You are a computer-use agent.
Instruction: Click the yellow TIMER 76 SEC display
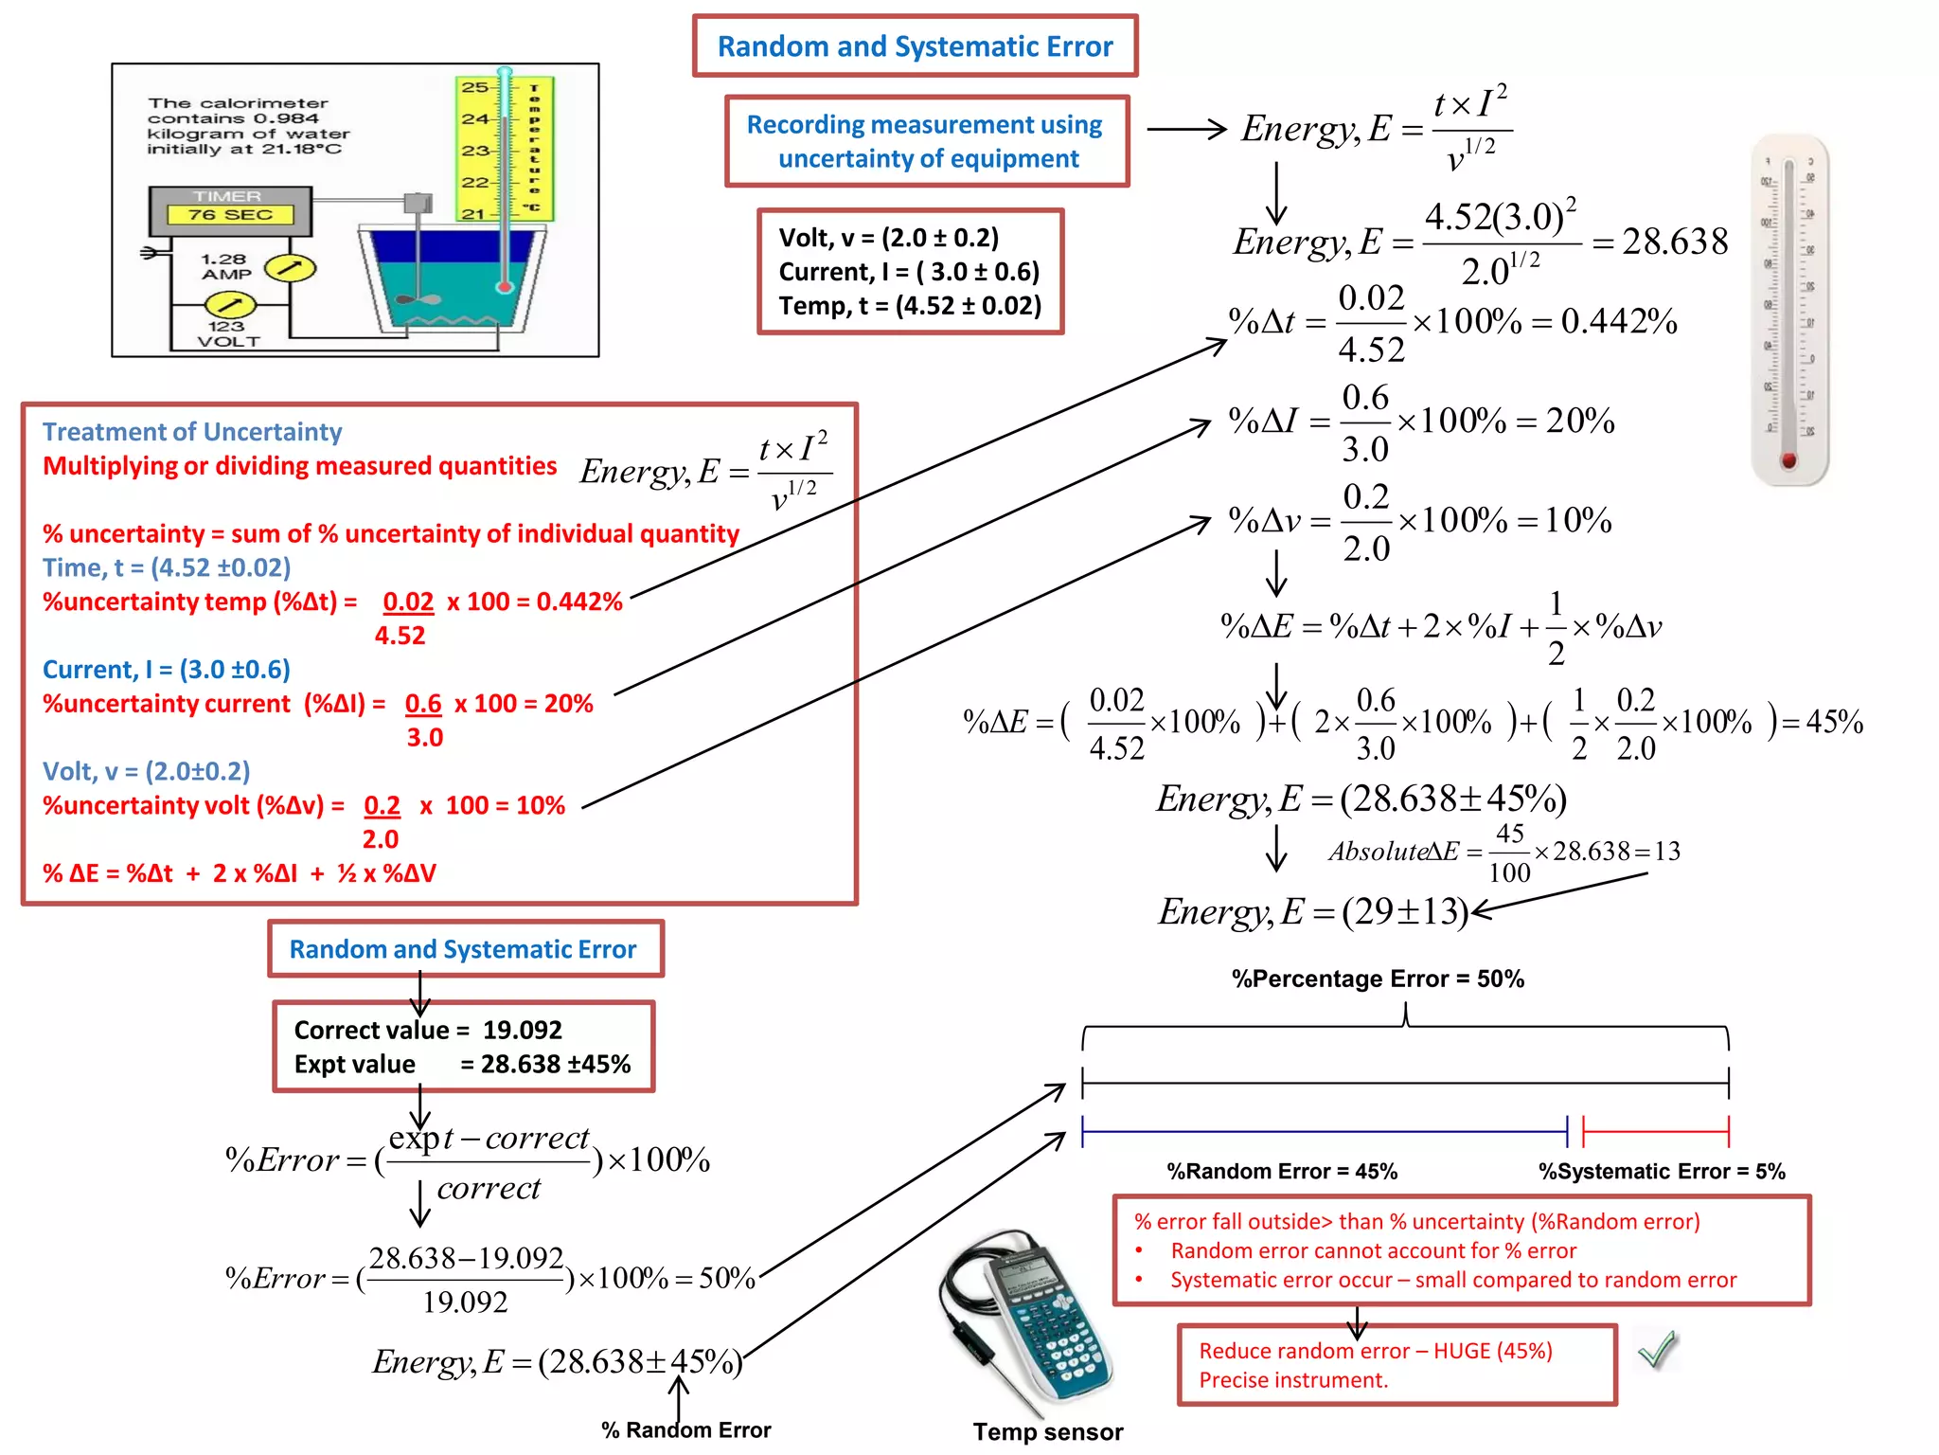click(230, 215)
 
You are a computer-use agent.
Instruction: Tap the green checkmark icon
click(1657, 1349)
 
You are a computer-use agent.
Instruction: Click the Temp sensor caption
click(1047, 1431)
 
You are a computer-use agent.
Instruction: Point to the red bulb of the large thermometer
click(1788, 460)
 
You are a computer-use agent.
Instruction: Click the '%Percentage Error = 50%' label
click(1378, 979)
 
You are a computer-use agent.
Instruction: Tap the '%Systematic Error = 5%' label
click(1662, 1172)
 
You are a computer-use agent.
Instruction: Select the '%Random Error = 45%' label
click(1282, 1172)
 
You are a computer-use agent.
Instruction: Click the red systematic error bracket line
click(1656, 1131)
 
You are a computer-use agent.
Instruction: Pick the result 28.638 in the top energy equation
click(1675, 242)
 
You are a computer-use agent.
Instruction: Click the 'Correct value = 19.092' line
click(428, 1030)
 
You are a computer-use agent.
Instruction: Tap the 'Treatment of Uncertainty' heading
click(192, 432)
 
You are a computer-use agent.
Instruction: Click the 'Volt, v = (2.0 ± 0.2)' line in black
click(888, 238)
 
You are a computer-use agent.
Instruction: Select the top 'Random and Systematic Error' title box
click(915, 46)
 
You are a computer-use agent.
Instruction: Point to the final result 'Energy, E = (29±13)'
click(1312, 911)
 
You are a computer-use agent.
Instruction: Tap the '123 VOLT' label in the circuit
click(227, 333)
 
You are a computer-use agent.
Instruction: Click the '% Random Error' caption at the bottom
click(685, 1430)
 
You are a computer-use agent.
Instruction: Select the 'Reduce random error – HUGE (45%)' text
click(1375, 1351)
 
